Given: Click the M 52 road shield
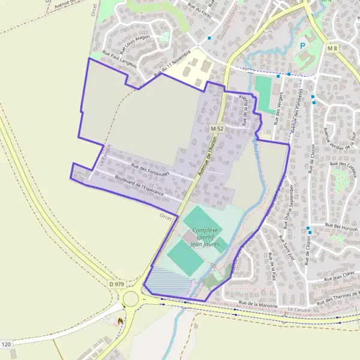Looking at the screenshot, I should pos(217,129).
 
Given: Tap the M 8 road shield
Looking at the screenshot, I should pos(333,48).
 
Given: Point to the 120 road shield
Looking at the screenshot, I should pos(6,344).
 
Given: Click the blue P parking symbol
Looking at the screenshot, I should pos(303,45).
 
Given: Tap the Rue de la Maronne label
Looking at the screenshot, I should pos(258,305).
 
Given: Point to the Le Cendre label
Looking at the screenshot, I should pos(298,309).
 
